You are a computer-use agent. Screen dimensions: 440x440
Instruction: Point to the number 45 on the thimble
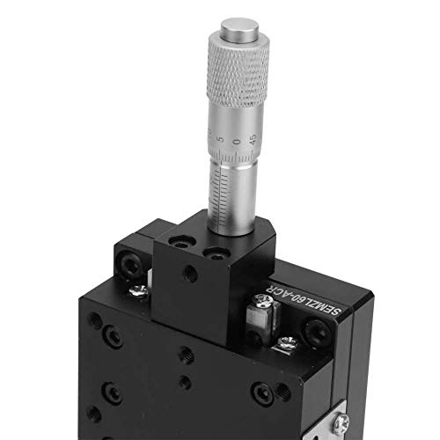coord(253,137)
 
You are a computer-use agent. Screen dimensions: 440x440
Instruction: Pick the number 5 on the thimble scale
coord(223,139)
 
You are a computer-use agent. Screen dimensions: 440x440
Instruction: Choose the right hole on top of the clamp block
coord(214,255)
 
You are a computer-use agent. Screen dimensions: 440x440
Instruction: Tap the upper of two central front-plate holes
coord(186,356)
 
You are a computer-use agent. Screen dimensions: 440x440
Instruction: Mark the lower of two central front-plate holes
coord(183,381)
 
